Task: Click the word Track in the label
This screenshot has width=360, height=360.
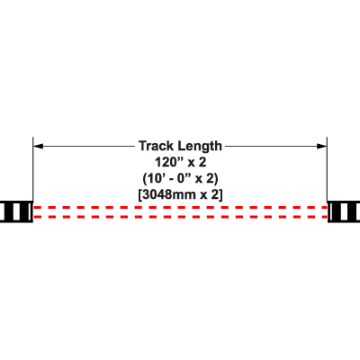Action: pos(156,146)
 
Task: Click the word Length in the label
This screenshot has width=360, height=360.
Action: pos(200,147)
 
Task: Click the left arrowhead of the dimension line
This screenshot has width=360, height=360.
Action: pos(38,146)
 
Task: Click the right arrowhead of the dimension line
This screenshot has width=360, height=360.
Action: pos(322,146)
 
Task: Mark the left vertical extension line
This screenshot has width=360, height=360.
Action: pos(33,169)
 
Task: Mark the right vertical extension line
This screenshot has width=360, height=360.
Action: pos(327,169)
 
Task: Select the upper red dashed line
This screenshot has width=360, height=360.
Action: pos(180,207)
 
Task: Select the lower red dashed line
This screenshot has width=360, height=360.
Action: pos(180,217)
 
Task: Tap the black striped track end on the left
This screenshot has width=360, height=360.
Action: pos(16,211)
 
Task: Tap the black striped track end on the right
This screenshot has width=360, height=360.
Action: pos(344,211)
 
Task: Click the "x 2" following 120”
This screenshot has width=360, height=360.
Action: pos(197,162)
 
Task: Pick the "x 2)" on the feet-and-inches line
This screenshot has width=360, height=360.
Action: pos(207,179)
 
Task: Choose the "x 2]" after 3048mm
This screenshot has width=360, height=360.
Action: pos(211,195)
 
